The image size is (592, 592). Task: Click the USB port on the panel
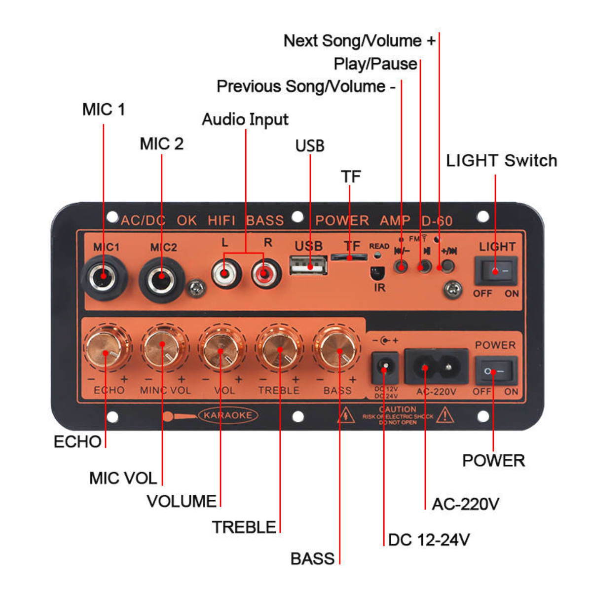pyautogui.click(x=308, y=265)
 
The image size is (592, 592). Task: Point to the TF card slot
pyautogui.click(x=349, y=257)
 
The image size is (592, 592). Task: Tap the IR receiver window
pyautogui.click(x=377, y=273)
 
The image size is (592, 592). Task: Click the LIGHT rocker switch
pyautogui.click(x=496, y=270)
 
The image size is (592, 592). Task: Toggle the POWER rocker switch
pyautogui.click(x=496, y=371)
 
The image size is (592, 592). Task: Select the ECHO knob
pyautogui.click(x=106, y=348)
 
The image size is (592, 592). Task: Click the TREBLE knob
pyautogui.click(x=280, y=348)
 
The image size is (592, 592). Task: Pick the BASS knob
pyautogui.click(x=337, y=348)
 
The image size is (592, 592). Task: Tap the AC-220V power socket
pyautogui.click(x=436, y=367)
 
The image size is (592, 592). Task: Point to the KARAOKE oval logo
pyautogui.click(x=227, y=415)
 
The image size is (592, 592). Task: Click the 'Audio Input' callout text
pyautogui.click(x=245, y=119)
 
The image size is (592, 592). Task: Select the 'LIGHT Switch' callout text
pyautogui.click(x=501, y=160)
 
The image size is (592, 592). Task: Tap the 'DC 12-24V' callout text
pyautogui.click(x=428, y=540)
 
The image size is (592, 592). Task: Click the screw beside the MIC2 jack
pyautogui.click(x=196, y=288)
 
